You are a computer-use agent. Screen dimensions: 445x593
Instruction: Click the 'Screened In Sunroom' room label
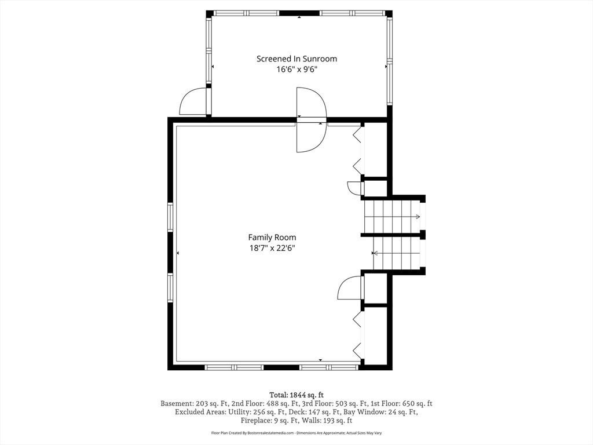point(296,59)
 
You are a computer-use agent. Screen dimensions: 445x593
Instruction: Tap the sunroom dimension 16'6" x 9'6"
point(296,70)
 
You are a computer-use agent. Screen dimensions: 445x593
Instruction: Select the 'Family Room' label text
point(272,237)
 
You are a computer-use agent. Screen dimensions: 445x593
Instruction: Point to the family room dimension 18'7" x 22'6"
point(272,248)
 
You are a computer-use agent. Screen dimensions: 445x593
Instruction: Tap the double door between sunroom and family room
point(311,120)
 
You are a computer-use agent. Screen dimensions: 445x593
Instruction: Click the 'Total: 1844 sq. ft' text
point(296,395)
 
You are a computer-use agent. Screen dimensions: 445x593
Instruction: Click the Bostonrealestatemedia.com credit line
point(296,433)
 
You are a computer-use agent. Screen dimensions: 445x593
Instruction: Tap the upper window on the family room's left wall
point(170,217)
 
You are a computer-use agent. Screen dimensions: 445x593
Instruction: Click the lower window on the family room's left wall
point(170,288)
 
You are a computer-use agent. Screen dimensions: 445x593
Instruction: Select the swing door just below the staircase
point(351,288)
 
